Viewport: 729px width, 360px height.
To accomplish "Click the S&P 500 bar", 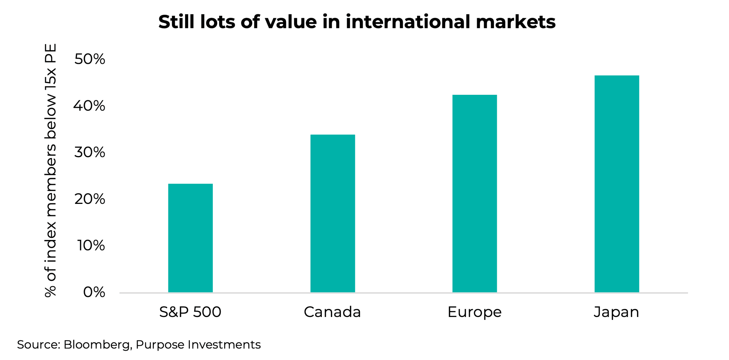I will tap(190, 238).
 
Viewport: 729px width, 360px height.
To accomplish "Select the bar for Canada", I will tap(332, 213).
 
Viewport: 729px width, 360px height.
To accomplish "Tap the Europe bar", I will tap(475, 193).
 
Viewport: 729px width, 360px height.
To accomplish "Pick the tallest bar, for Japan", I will tap(617, 184).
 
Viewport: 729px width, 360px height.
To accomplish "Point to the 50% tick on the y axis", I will tap(90, 59).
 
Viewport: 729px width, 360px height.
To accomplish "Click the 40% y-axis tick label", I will tap(90, 106).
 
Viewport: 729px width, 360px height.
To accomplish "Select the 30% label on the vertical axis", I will tap(90, 152).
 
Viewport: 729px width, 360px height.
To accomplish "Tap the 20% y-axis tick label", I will tap(90, 199).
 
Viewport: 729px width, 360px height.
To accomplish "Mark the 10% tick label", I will tap(91, 245).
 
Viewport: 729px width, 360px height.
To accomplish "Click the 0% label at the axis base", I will tap(94, 292).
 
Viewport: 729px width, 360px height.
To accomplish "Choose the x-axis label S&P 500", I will tap(190, 312).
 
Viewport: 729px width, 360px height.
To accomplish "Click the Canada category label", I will tap(332, 312).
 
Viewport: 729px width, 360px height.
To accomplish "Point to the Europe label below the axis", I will tap(475, 313).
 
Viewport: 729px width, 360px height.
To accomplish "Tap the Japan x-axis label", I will tap(616, 313).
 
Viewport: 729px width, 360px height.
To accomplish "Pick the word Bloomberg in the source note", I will tap(97, 345).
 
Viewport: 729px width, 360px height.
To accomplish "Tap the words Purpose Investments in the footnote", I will tap(198, 345).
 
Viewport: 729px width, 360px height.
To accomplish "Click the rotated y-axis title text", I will tap(51, 170).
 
